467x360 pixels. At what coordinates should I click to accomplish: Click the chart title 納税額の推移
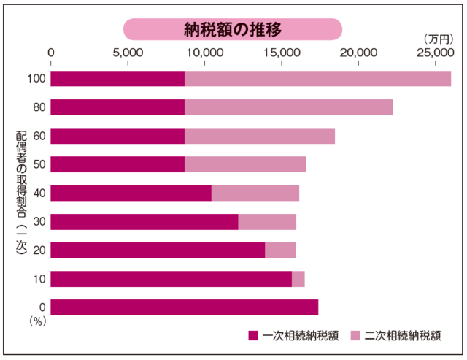[x=232, y=29]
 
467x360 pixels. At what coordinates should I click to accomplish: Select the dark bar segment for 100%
[x=117, y=79]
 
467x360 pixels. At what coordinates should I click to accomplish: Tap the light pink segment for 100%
[x=317, y=79]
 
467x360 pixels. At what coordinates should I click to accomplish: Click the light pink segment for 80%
[x=288, y=107]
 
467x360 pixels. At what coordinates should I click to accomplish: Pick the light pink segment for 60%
[x=259, y=136]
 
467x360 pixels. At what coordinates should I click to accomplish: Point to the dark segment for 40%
[x=131, y=193]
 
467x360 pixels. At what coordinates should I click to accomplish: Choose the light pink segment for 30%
[x=267, y=221]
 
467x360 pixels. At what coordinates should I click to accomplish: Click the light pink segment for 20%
[x=280, y=250]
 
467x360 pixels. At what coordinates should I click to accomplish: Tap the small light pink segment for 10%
[x=298, y=279]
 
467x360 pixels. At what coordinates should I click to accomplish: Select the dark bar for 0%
[x=184, y=307]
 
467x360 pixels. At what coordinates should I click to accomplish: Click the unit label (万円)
[x=436, y=38]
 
